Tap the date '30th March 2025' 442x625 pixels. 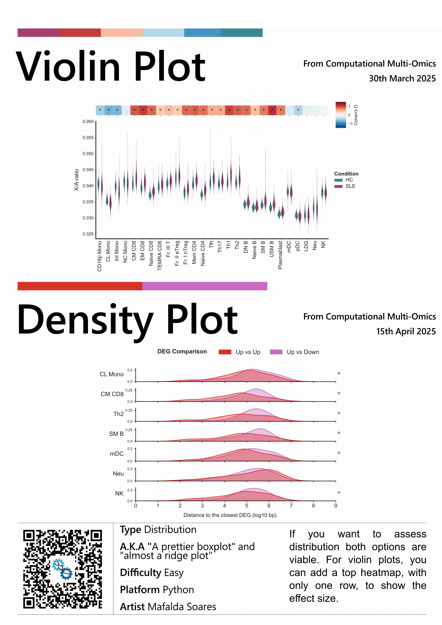pyautogui.click(x=402, y=78)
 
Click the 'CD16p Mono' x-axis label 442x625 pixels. pyautogui.click(x=99, y=256)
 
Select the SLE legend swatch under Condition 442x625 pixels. pyautogui.click(x=338, y=186)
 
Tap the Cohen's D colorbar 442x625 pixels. pyautogui.click(x=340, y=115)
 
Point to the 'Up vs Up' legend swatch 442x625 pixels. pyautogui.click(x=225, y=352)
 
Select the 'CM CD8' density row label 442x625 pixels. pyautogui.click(x=112, y=394)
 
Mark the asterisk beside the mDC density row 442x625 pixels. pyautogui.click(x=338, y=453)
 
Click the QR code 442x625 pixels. pyautogui.click(x=63, y=569)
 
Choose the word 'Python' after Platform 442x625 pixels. pyautogui.click(x=178, y=590)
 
